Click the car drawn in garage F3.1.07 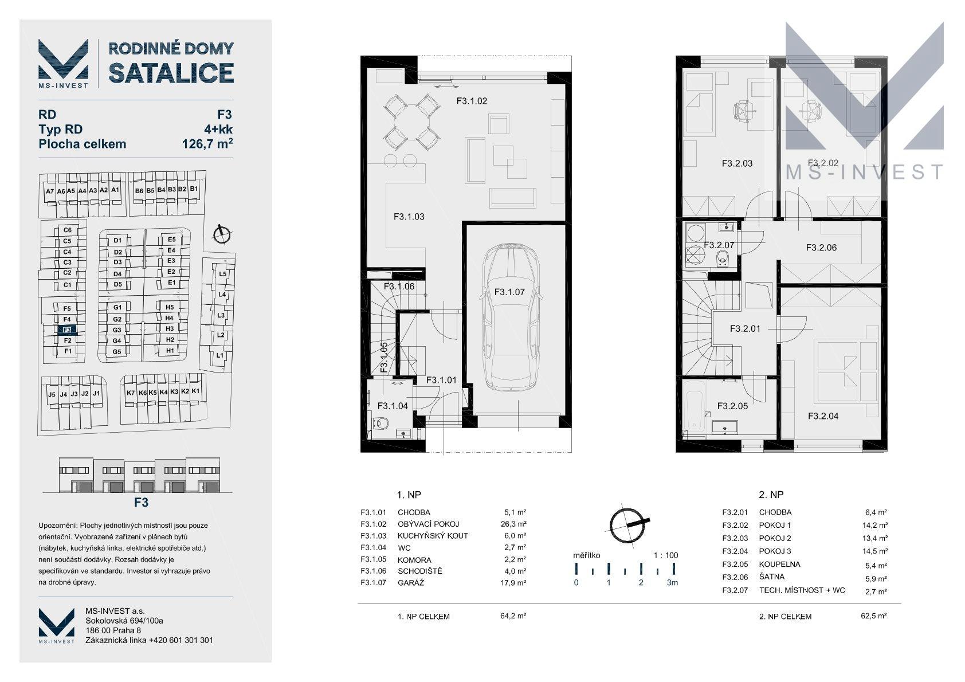coord(511,318)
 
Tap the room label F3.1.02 coord(472,101)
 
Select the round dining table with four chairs coord(412,122)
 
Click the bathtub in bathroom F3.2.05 coord(695,410)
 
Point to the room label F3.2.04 coord(823,416)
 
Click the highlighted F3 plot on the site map coord(67,330)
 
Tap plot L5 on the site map coord(222,273)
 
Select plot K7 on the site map coord(131,393)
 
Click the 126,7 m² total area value coord(207,143)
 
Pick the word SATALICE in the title coord(171,73)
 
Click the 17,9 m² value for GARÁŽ coord(513,582)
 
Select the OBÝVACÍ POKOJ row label coord(428,524)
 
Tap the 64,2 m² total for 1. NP coord(513,616)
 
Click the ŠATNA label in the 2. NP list coord(771,577)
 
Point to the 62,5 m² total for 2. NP coord(874,616)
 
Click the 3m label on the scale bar coord(672,582)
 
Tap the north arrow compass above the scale coord(627,525)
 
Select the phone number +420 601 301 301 coord(181,640)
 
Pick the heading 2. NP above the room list coord(771,495)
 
